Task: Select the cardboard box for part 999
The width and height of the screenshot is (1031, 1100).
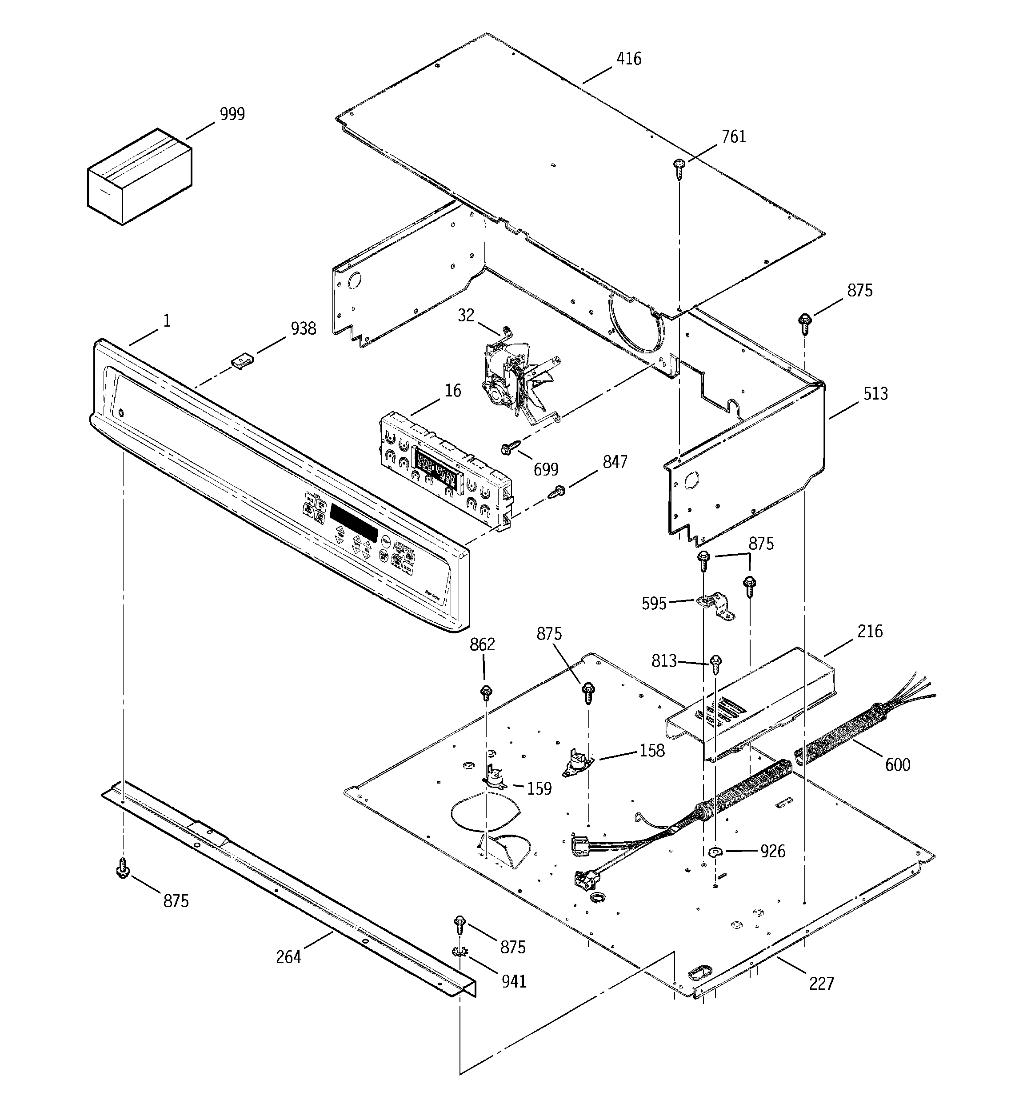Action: (140, 176)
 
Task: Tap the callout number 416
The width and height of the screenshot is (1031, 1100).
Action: (629, 59)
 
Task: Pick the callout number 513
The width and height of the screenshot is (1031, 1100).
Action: (875, 394)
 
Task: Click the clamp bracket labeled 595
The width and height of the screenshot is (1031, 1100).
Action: (715, 606)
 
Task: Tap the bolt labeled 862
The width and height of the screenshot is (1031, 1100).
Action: (487, 692)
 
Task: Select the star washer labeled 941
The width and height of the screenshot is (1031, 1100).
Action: (460, 952)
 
